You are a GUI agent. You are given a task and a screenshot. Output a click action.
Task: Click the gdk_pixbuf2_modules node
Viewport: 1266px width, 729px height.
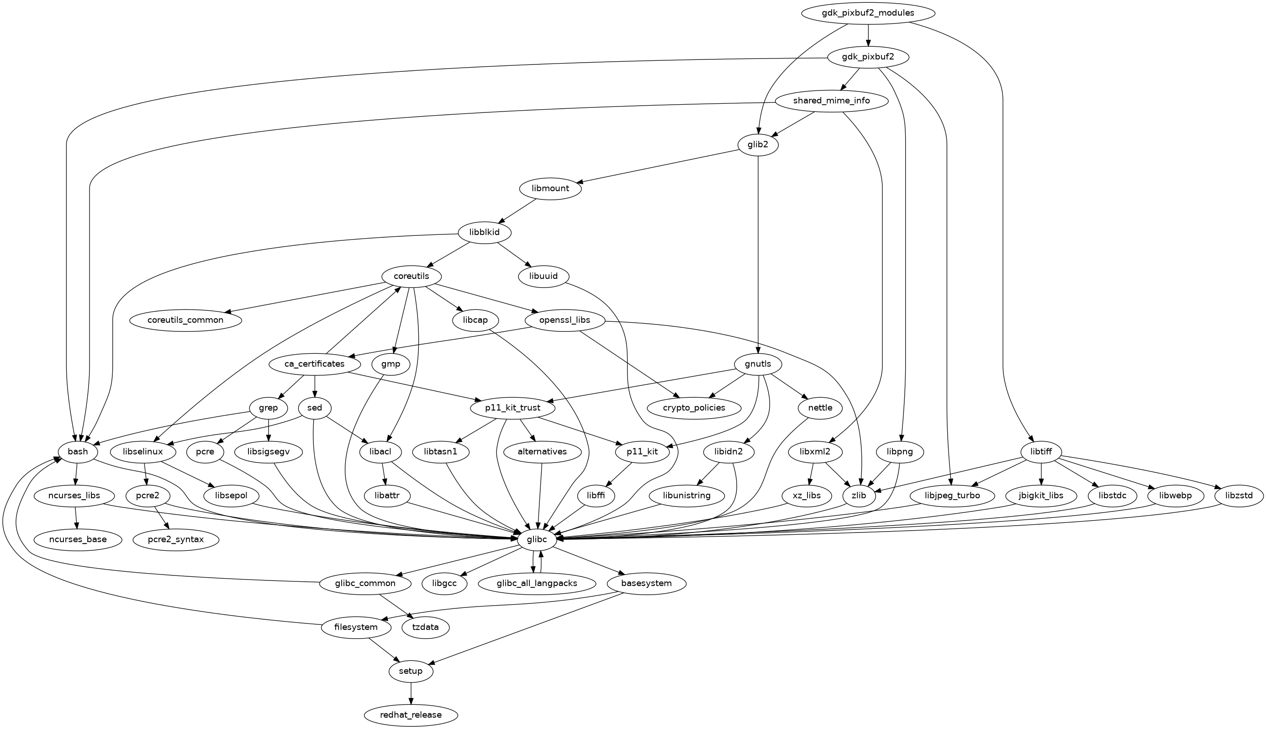tap(868, 13)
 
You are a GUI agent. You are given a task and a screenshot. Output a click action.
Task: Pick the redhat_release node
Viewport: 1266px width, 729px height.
tap(411, 715)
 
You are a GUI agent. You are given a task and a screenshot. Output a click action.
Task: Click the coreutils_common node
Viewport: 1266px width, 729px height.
tap(185, 320)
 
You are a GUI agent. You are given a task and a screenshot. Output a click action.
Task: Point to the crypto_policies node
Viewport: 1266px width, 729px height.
tap(694, 408)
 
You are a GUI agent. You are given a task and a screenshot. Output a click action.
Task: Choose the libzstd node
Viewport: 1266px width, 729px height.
tap(1239, 496)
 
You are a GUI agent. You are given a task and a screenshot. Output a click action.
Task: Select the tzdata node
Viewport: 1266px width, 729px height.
tap(426, 628)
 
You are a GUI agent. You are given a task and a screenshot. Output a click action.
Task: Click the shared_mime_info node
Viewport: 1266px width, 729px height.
tap(831, 101)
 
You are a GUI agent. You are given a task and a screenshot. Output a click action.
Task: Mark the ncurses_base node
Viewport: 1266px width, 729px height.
tap(78, 539)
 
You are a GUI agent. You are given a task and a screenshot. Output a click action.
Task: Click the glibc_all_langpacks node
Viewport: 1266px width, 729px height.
tap(537, 583)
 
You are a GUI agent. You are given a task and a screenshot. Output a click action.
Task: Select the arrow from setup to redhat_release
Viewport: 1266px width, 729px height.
tap(411, 693)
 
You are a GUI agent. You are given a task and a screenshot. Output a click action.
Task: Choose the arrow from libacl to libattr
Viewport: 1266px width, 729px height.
tap(384, 474)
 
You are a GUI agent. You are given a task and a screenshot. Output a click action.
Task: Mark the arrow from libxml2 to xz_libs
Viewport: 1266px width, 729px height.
tap(811, 474)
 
